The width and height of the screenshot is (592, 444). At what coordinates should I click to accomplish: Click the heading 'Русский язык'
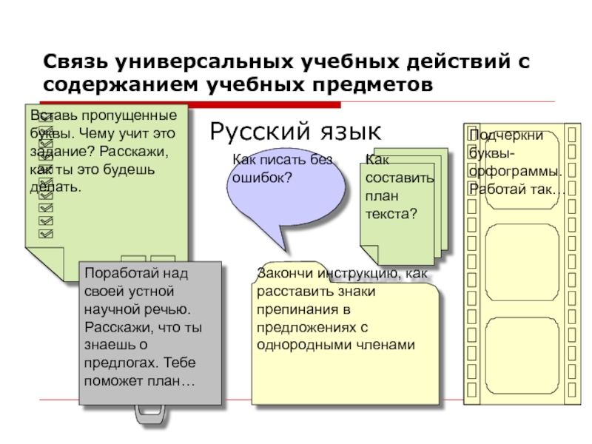click(x=295, y=132)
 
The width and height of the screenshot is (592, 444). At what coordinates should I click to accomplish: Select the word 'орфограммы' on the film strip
click(x=515, y=172)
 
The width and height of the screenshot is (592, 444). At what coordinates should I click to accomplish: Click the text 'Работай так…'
click(x=516, y=190)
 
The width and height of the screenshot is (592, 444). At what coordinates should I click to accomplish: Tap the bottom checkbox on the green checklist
click(x=46, y=233)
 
